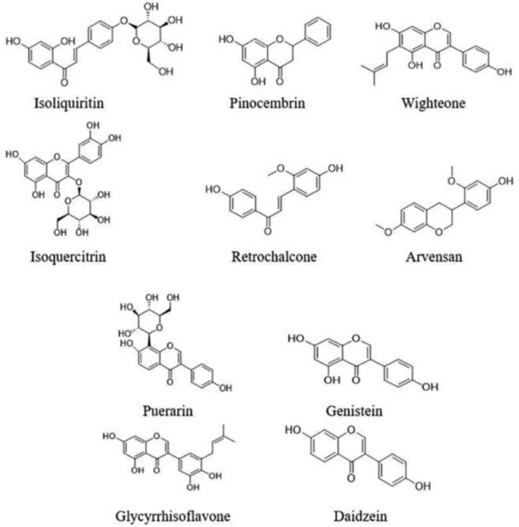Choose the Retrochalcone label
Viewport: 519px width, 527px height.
tap(274, 256)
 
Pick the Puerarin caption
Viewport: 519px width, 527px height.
tap(170, 410)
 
